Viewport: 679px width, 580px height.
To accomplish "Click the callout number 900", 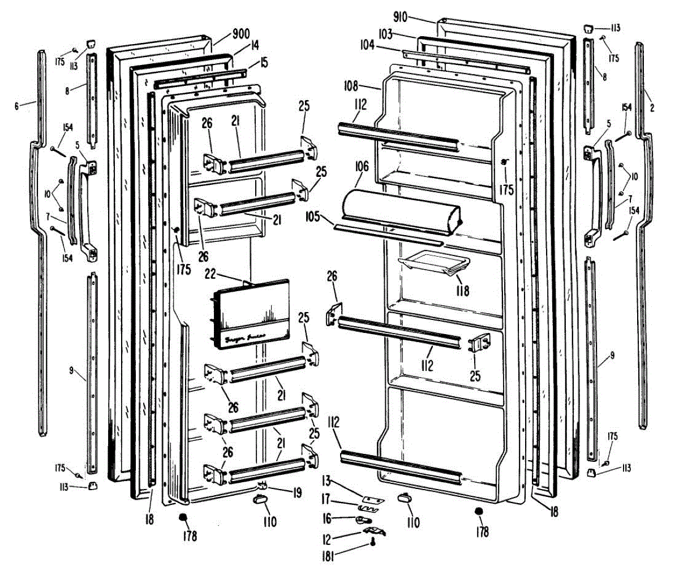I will pos(241,35).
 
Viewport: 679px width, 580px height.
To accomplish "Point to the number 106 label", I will pos(362,167).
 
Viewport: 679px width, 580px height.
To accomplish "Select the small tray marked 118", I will pos(434,264).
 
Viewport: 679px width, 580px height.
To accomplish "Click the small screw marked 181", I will pos(373,543).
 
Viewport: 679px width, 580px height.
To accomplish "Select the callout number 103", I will pos(386,34).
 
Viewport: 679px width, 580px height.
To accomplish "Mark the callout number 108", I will pos(351,87).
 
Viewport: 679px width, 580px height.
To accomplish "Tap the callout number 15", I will pos(264,61).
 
